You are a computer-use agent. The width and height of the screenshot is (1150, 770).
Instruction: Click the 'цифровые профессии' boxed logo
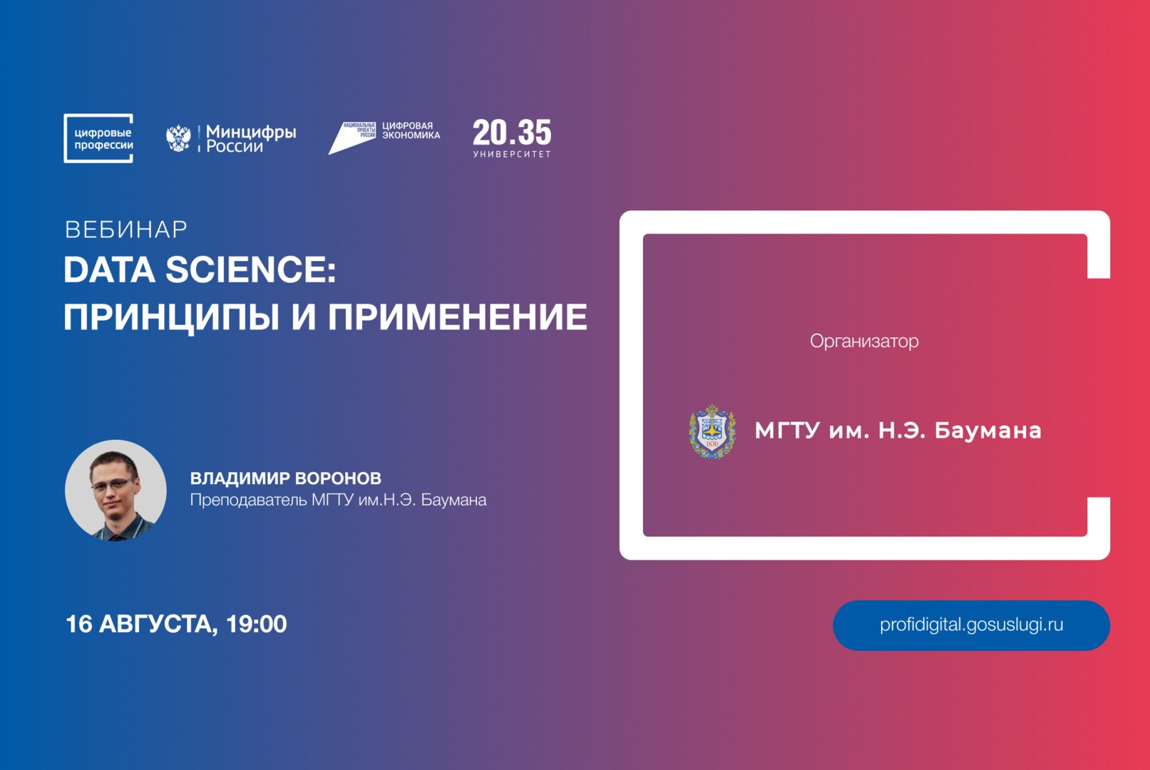pyautogui.click(x=98, y=138)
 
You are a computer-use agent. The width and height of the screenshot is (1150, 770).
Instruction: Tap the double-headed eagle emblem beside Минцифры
pyautogui.click(x=178, y=138)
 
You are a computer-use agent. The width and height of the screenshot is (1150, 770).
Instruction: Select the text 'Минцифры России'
pyautogui.click(x=250, y=139)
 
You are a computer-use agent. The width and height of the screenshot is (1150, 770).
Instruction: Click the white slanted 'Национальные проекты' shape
pyautogui.click(x=352, y=138)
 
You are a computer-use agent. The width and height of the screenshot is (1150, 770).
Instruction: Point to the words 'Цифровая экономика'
pyautogui.click(x=411, y=130)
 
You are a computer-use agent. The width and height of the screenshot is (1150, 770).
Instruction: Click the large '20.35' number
pyautogui.click(x=512, y=133)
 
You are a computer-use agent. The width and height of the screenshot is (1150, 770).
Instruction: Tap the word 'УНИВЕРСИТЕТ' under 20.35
pyautogui.click(x=512, y=154)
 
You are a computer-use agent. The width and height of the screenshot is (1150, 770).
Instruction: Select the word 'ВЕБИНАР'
pyautogui.click(x=126, y=230)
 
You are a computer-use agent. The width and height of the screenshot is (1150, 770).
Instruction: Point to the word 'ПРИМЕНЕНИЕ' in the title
pyautogui.click(x=457, y=317)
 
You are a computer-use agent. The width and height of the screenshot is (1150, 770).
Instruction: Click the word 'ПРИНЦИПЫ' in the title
pyautogui.click(x=171, y=317)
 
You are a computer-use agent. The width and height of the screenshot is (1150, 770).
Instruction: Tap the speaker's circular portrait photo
pyautogui.click(x=115, y=491)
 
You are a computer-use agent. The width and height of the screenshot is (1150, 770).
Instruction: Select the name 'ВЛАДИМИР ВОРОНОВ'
pyautogui.click(x=285, y=478)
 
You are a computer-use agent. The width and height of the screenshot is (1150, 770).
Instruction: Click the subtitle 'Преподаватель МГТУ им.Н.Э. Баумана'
pyautogui.click(x=338, y=500)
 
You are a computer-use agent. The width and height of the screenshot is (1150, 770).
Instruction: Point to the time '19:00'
pyautogui.click(x=256, y=625)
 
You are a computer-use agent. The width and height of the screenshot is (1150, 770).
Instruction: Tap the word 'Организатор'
pyautogui.click(x=864, y=342)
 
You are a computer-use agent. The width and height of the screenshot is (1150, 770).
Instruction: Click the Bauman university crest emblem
pyautogui.click(x=712, y=431)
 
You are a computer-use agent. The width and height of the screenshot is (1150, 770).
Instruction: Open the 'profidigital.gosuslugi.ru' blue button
pyautogui.click(x=971, y=625)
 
